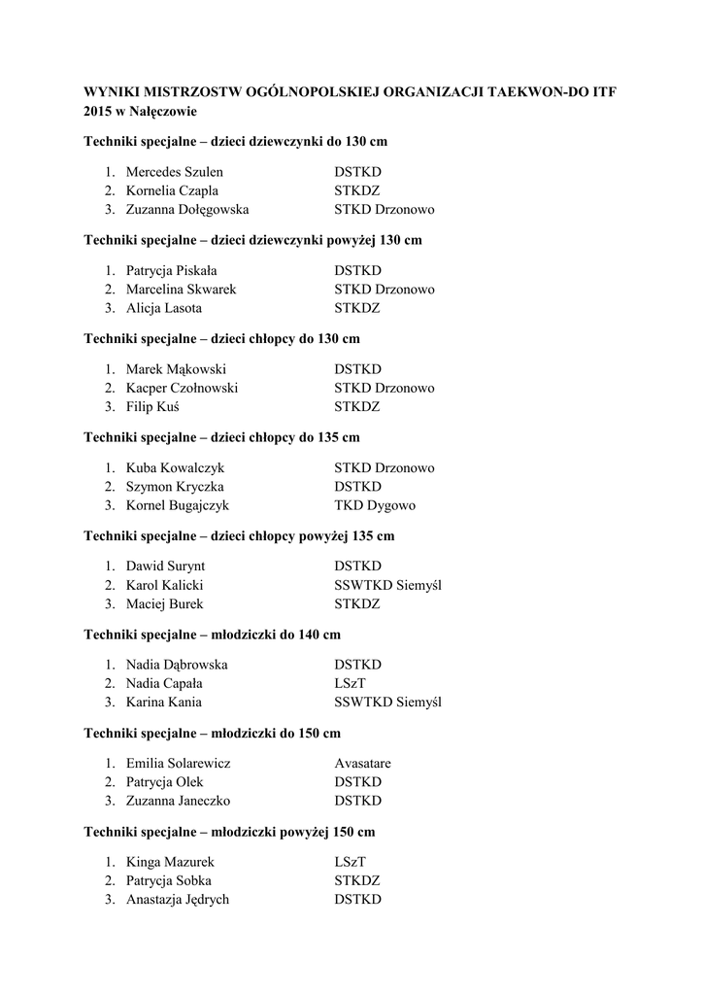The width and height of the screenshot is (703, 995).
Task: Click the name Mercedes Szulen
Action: [x=175, y=172]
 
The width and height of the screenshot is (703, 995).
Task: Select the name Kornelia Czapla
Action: [x=172, y=190]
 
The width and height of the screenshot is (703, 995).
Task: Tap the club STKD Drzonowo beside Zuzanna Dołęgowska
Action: [x=385, y=209]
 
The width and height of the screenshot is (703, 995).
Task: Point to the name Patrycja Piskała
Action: [x=172, y=271]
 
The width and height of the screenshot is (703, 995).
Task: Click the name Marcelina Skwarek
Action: [x=181, y=290]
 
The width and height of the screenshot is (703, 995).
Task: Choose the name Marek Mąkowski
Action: [x=176, y=369]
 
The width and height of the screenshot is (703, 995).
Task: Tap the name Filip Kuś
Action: [x=152, y=407]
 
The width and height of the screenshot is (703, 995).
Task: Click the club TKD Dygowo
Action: [x=375, y=506]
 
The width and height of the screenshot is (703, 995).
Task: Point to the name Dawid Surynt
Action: [x=165, y=566]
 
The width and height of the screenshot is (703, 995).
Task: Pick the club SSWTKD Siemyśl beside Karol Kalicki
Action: [x=387, y=585]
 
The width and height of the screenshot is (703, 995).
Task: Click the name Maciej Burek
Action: [x=164, y=604]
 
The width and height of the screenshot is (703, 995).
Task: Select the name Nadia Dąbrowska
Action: [x=177, y=665]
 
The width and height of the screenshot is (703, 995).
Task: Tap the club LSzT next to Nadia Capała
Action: [x=350, y=684]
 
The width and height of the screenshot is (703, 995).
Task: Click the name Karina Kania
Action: [x=163, y=703]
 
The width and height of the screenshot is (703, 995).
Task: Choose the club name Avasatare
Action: [x=362, y=764]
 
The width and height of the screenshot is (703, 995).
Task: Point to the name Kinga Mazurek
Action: [x=170, y=862]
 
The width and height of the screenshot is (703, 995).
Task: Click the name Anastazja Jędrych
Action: [x=178, y=900]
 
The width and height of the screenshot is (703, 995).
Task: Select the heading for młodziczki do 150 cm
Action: [x=213, y=733]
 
